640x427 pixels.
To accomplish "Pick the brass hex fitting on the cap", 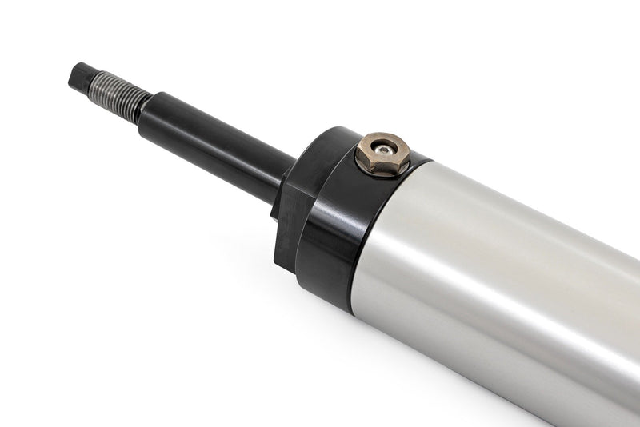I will (383, 154).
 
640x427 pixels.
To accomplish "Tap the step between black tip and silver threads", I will (91, 81).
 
